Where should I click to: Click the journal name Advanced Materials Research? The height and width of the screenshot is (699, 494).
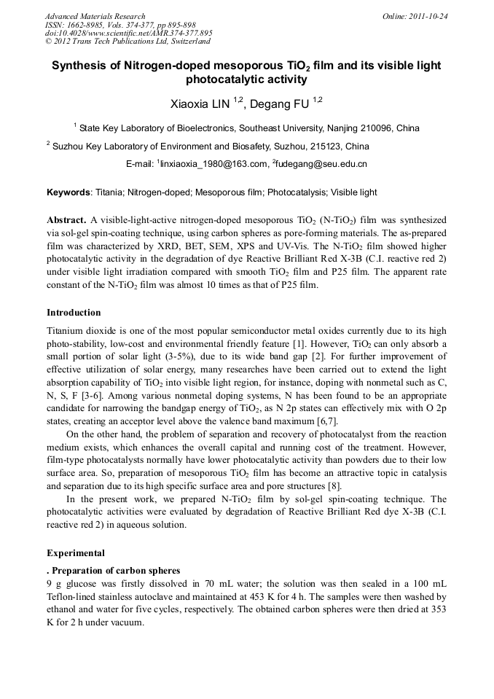(95, 16)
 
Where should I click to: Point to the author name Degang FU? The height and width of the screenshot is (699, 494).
(280, 104)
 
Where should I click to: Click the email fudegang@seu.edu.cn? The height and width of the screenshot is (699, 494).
(321, 165)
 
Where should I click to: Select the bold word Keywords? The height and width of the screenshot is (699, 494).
(68, 193)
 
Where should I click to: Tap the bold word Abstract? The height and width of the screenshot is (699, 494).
(66, 220)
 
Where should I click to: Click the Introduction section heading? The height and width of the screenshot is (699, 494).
(74, 313)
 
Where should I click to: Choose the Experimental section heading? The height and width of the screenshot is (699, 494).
(75, 553)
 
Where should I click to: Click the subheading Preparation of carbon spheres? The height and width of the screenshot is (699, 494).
(115, 571)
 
